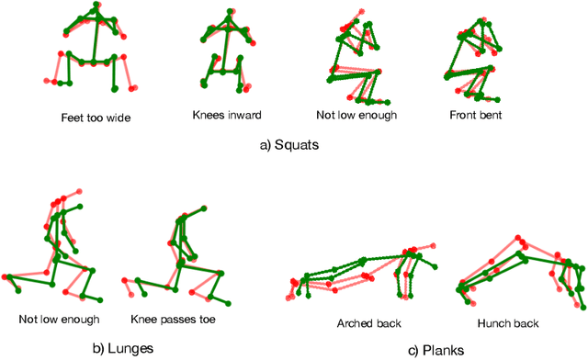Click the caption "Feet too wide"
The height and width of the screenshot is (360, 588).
[89, 117]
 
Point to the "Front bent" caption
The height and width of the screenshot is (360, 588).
[477, 117]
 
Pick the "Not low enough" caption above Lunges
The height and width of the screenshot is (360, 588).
[59, 320]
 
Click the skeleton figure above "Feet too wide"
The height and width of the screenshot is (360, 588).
[90, 51]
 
